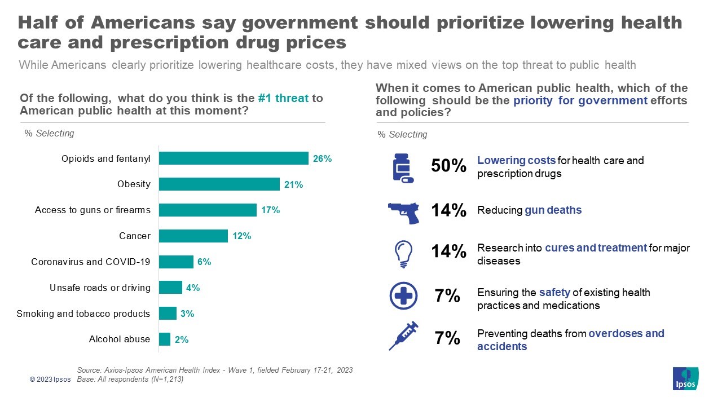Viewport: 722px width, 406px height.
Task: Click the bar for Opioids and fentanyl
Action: (234, 158)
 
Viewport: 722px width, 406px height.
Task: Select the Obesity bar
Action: (219, 184)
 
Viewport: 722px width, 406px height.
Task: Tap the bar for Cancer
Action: (193, 236)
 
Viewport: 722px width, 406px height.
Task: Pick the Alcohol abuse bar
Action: (165, 339)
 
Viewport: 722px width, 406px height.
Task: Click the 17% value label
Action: (271, 210)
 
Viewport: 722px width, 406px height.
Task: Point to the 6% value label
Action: (204, 262)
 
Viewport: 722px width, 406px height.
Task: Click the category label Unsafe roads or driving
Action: (100, 288)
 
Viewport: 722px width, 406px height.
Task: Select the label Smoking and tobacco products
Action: (83, 314)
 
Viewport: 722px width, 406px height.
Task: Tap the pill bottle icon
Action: (402, 169)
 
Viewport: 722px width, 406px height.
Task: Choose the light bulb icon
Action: (404, 254)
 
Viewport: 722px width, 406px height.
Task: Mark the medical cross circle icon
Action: (403, 295)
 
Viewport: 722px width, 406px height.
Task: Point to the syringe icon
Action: (403, 336)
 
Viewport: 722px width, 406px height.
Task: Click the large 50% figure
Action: (448, 166)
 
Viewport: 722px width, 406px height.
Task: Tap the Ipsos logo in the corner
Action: (685, 378)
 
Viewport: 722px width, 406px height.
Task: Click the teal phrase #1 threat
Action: (283, 98)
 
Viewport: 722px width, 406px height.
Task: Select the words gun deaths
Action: (553, 210)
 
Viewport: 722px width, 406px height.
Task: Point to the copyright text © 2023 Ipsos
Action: (50, 379)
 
